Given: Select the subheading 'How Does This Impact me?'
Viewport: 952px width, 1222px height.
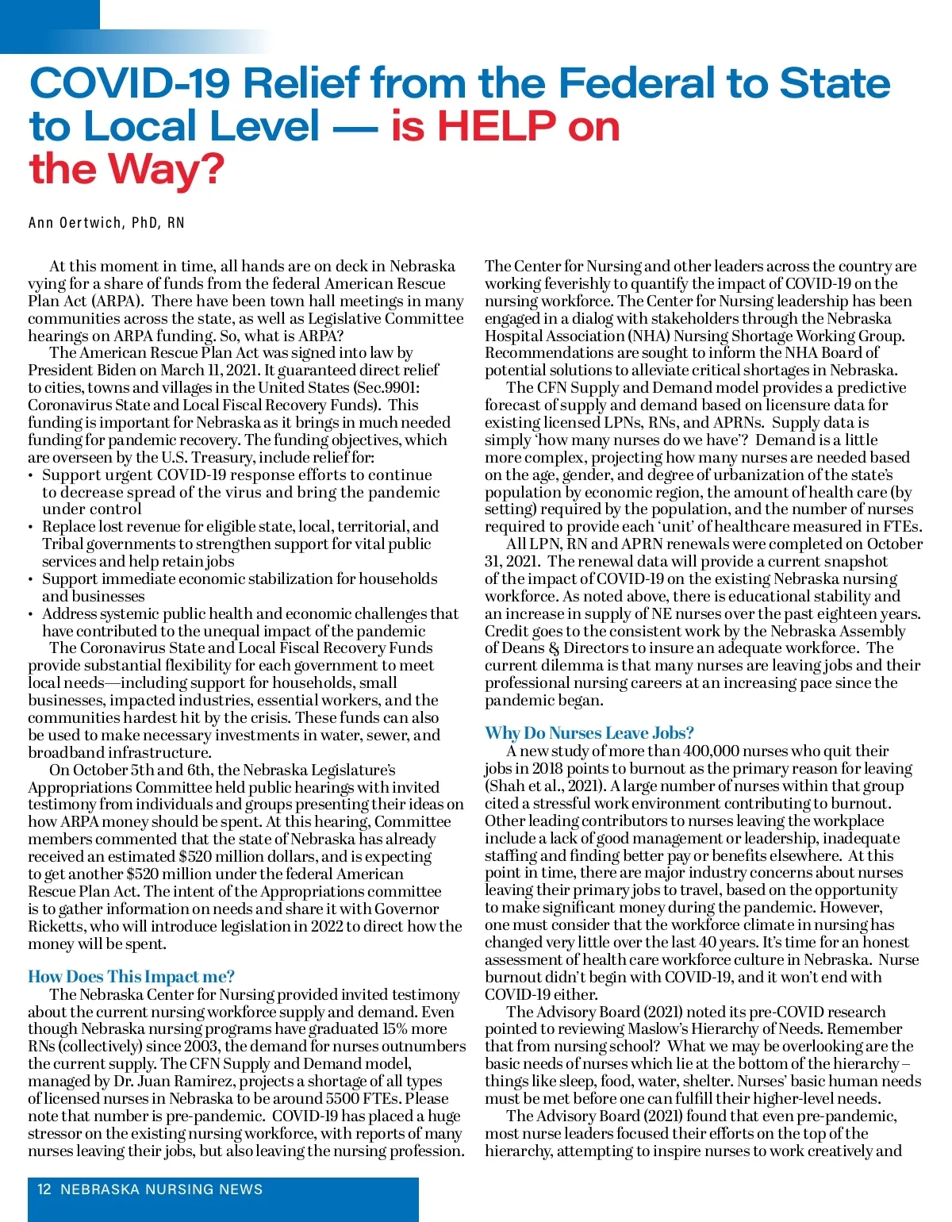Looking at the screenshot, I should (132, 977).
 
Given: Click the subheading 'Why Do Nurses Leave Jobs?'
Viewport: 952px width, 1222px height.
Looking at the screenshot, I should (589, 733).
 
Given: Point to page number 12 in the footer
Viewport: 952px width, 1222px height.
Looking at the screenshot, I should (44, 1189).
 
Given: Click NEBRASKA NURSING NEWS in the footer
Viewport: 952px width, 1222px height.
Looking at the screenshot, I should (162, 1189).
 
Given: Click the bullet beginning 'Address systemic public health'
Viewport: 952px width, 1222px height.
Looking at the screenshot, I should (250, 614).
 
